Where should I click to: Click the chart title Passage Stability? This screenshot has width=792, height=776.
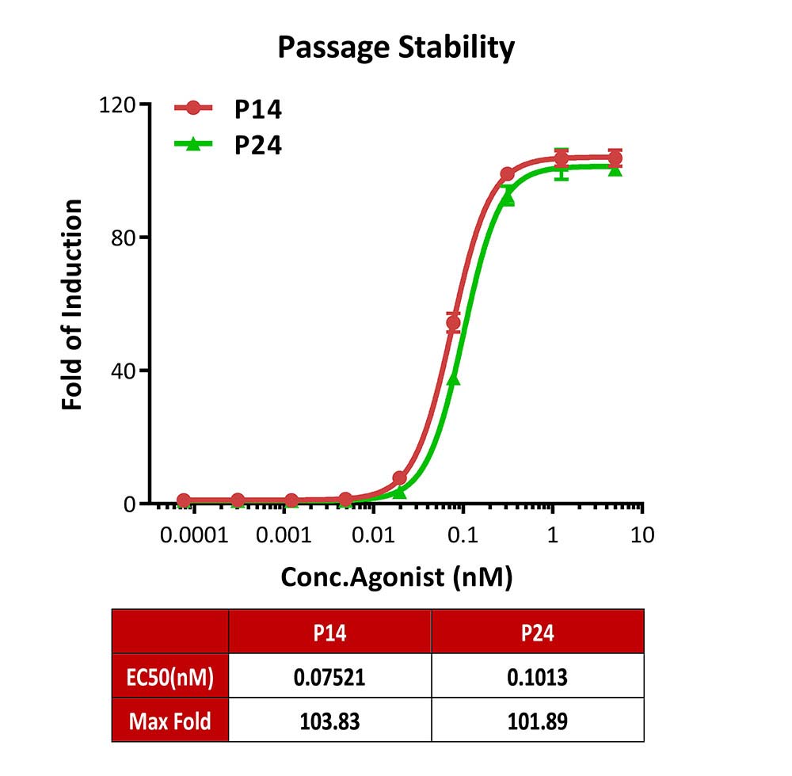[x=396, y=48]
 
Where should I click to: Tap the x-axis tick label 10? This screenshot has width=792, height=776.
[x=642, y=535]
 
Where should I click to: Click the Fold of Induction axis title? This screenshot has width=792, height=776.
[x=73, y=305]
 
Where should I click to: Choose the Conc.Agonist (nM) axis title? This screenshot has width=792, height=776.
[x=397, y=576]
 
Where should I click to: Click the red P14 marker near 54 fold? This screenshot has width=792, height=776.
[x=453, y=323]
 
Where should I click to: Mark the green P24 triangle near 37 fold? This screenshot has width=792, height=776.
[x=453, y=379]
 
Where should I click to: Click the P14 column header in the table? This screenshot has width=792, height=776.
[x=329, y=632]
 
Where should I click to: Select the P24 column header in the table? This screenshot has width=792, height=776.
[x=537, y=632]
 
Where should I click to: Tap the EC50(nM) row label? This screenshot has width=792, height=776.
[x=169, y=676]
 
